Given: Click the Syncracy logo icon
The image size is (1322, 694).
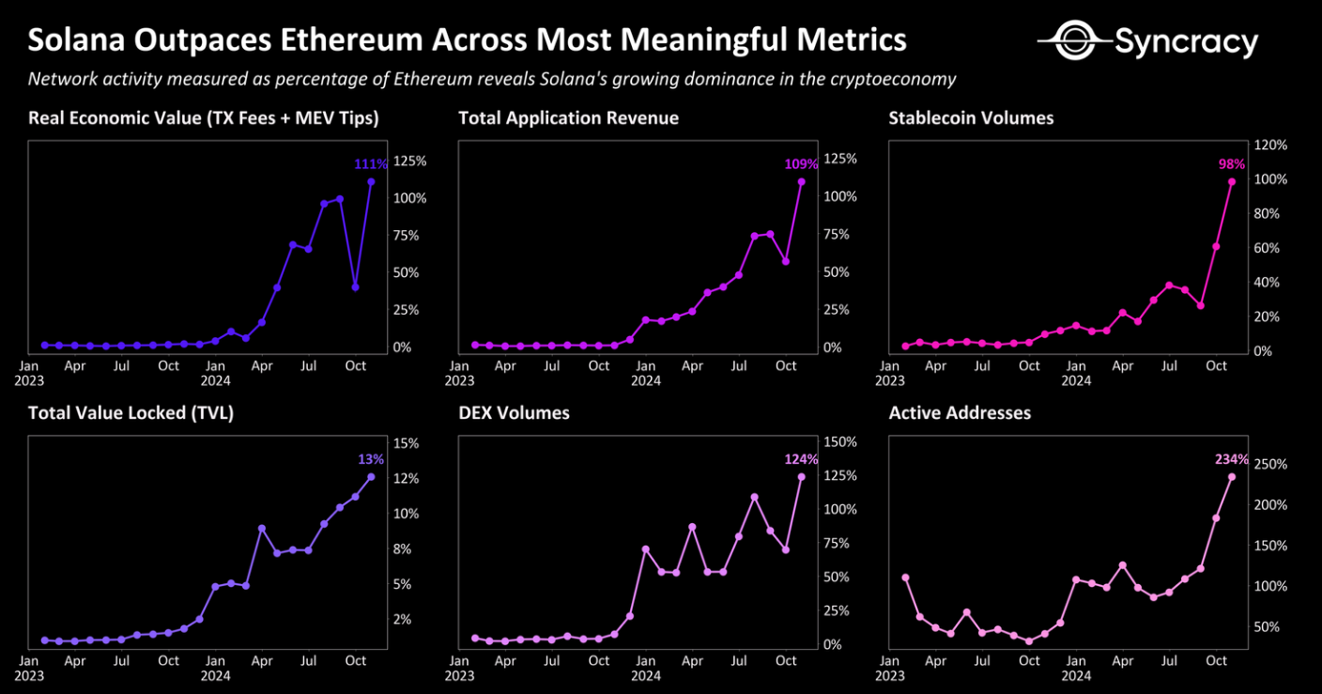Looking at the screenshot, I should [1073, 40].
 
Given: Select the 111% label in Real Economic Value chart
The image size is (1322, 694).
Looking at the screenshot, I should [370, 164].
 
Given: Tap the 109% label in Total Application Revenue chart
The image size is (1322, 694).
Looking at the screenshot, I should [801, 164].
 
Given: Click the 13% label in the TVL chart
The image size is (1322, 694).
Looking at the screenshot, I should [371, 459].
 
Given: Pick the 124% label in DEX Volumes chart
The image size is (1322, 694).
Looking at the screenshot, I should [801, 459].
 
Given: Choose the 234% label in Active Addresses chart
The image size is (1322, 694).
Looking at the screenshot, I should [1231, 459].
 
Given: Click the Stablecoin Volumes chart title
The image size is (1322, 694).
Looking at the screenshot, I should [971, 118].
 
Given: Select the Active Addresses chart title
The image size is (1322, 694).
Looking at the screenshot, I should [960, 413].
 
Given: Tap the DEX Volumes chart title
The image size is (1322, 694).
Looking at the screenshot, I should [514, 413].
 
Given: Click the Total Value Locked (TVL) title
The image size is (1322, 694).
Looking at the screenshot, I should [131, 413].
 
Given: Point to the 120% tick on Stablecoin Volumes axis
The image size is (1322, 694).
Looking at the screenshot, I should [1270, 146].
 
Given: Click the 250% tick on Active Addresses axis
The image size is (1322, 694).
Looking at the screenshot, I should [1270, 465].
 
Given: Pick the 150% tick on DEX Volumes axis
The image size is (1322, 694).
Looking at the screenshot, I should [838, 442].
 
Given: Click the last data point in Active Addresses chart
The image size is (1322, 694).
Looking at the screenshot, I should [1232, 477].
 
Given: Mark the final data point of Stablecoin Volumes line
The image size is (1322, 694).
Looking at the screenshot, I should [1232, 182].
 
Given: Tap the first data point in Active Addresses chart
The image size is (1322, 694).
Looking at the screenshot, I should [905, 578].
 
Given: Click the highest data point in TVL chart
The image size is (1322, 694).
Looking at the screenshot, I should [371, 477].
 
